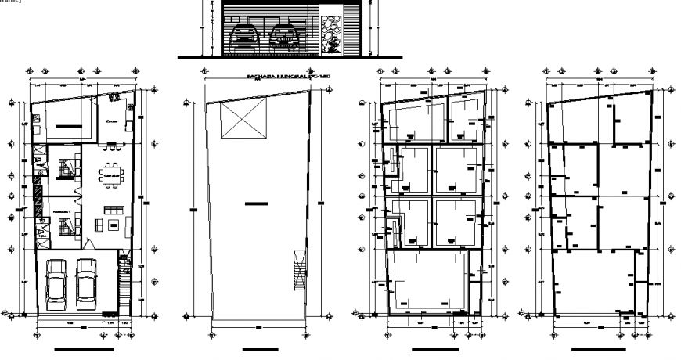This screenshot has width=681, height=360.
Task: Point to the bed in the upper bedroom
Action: (x=67, y=168)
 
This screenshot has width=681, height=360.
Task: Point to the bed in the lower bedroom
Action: (x=67, y=225)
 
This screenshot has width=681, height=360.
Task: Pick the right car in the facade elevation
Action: (x=282, y=38)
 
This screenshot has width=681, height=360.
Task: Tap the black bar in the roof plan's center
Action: (x=254, y=203)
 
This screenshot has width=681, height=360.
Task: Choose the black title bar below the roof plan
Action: (x=254, y=350)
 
